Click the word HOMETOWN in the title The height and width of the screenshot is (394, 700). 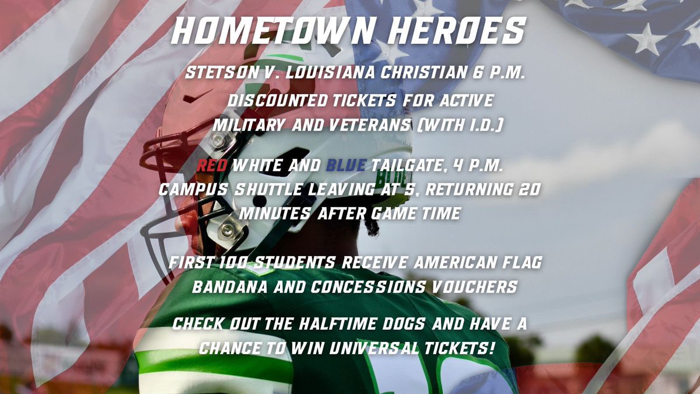(x=261, y=32)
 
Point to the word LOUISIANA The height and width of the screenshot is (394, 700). (x=321, y=74)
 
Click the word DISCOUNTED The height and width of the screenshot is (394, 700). (x=277, y=100)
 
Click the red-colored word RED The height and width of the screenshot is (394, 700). (x=212, y=166)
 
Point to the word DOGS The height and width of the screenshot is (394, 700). (x=417, y=324)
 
